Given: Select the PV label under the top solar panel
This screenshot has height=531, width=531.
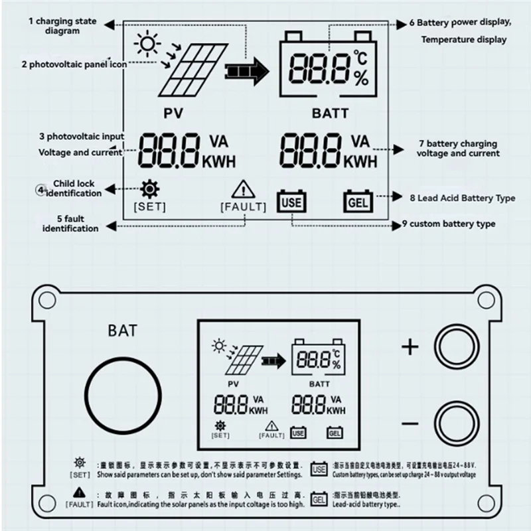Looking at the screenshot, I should (176, 113).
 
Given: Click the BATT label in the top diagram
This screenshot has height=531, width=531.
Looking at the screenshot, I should (330, 113).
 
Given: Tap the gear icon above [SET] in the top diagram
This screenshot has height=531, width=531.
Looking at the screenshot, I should (151, 190).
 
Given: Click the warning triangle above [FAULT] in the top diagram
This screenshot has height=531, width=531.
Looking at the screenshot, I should (243, 190).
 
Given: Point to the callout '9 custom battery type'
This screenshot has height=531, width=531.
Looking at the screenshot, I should (449, 224).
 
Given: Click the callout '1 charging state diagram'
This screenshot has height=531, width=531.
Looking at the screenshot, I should (62, 26).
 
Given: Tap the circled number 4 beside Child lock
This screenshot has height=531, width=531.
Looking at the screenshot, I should (41, 190).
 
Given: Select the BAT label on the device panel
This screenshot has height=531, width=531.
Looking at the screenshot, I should (122, 330).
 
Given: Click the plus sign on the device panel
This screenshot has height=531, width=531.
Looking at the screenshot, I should (412, 346).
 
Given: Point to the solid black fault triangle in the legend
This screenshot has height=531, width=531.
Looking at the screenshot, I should (79, 492).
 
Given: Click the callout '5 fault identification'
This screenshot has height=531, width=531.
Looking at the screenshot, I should (70, 224).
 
